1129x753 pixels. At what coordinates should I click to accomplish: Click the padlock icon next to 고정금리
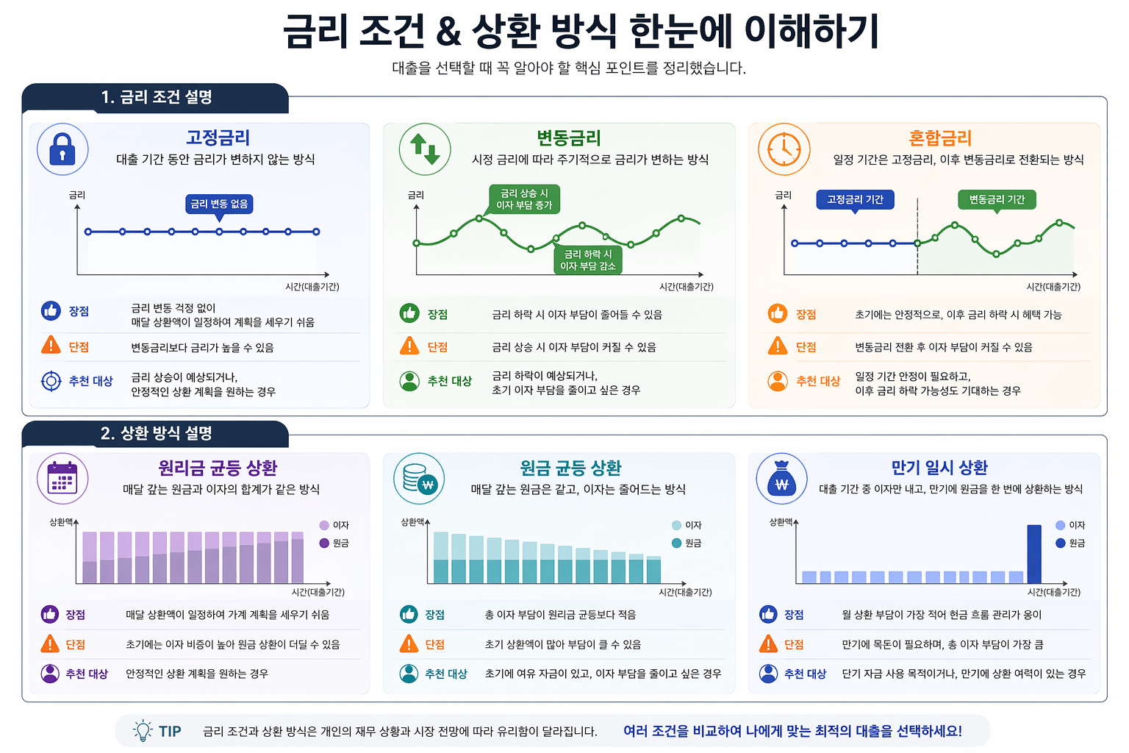[x=62, y=149]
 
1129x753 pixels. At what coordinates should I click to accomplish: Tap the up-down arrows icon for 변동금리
[x=425, y=149]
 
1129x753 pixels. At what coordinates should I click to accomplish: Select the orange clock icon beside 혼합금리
[x=784, y=149]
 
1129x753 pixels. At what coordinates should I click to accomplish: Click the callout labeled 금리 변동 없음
[x=219, y=204]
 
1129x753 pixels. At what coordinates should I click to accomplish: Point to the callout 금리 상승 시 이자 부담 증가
[x=524, y=199]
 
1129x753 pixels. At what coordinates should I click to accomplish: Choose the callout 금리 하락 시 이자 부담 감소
[x=588, y=260]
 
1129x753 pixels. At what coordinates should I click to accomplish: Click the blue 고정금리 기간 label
[x=855, y=199]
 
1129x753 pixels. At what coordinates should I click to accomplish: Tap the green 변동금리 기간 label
[x=997, y=199]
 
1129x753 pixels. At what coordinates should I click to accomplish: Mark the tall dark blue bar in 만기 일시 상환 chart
[x=1033, y=554]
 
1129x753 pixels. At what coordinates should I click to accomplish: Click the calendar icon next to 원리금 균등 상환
[x=62, y=479]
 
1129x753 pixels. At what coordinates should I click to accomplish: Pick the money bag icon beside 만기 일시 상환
[x=781, y=479]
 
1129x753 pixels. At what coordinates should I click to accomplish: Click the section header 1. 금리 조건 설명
[x=156, y=98]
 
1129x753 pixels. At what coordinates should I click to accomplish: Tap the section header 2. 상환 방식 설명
[x=156, y=434]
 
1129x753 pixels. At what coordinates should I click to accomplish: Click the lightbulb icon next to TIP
[x=143, y=730]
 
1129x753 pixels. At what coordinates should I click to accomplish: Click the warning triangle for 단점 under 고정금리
[x=51, y=345]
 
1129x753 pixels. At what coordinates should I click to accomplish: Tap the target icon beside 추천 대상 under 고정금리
[x=51, y=381]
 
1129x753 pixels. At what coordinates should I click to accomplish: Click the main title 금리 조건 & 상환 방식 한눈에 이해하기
[x=581, y=32]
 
